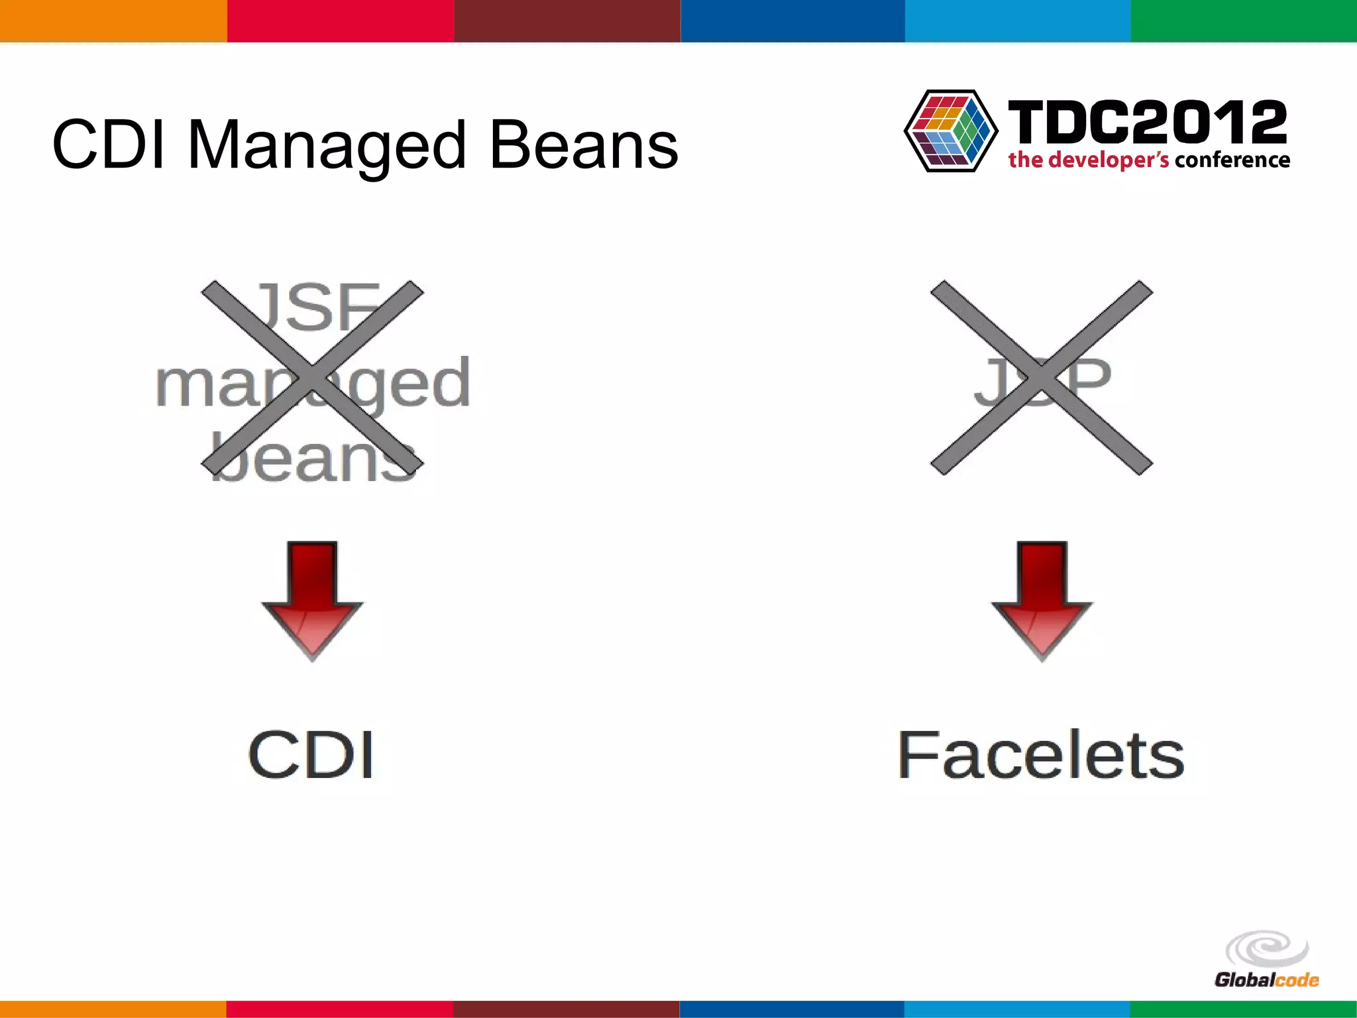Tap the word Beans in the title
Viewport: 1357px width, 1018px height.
(x=583, y=144)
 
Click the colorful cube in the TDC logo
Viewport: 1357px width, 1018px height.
(x=951, y=131)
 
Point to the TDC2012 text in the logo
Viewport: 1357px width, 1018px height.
(x=1147, y=122)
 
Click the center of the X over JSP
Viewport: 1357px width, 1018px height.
(x=1042, y=378)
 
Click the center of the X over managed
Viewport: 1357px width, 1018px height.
(x=312, y=378)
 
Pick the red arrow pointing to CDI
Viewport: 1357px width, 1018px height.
(x=312, y=600)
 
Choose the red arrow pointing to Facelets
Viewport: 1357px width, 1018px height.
(x=1042, y=600)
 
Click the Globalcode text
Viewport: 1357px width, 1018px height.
(x=1266, y=980)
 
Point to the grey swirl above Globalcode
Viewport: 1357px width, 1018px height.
(x=1267, y=948)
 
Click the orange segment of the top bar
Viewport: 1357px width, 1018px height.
(x=113, y=21)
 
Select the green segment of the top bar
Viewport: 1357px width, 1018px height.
(x=1244, y=21)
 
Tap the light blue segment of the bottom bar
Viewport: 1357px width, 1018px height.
(x=1017, y=1009)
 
